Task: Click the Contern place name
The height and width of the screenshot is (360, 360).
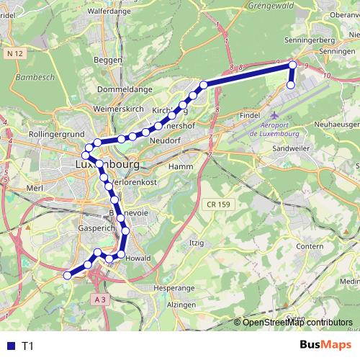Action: [x=310, y=247]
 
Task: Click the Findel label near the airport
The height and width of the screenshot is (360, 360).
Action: [x=249, y=114]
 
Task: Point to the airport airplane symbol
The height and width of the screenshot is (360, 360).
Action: [x=272, y=116]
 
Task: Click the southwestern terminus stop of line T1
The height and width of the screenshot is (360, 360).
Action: [x=68, y=274]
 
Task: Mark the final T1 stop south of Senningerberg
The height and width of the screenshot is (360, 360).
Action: [x=291, y=85]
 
